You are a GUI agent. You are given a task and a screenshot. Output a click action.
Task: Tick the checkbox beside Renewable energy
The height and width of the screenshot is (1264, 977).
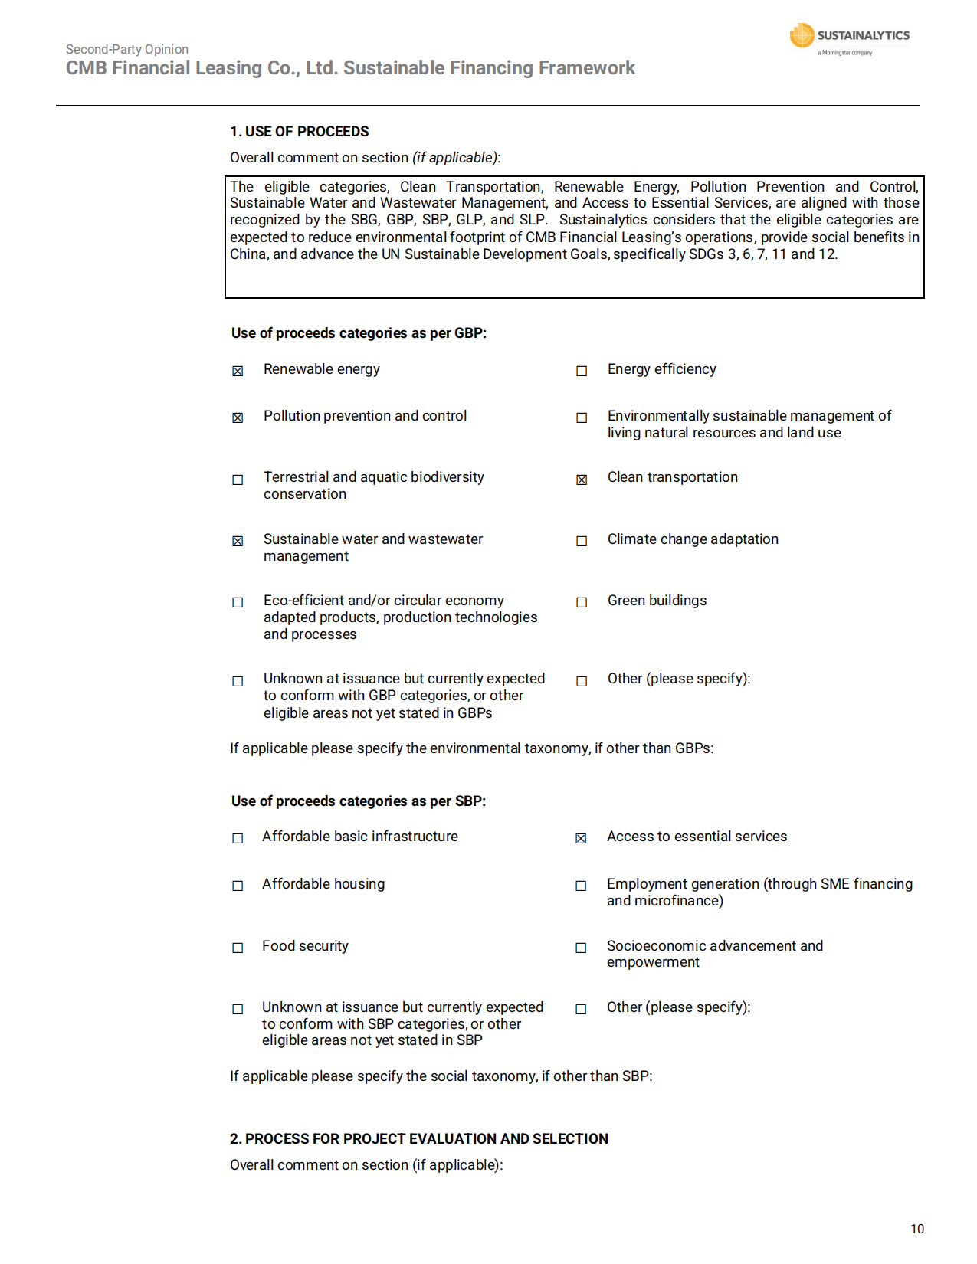point(238,372)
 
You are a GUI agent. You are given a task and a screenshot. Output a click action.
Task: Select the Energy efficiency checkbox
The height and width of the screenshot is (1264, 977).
point(582,372)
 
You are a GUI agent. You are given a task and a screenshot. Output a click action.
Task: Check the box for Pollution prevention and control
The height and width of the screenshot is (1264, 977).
point(238,418)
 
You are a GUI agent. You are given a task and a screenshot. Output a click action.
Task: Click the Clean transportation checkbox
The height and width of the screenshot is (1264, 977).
point(582,480)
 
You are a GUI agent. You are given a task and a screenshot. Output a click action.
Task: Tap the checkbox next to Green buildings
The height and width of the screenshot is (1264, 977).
point(582,603)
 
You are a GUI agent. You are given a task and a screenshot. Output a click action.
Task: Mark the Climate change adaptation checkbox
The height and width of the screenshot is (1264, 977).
point(582,542)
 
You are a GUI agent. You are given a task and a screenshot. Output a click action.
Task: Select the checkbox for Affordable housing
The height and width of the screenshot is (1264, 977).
point(238,886)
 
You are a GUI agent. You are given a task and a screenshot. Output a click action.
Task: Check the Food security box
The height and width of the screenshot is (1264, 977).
point(238,948)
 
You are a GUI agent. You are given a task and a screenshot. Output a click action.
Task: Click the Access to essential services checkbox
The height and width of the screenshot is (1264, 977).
point(581,839)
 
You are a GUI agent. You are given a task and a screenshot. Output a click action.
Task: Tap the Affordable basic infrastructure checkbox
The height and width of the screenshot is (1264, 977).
point(238,839)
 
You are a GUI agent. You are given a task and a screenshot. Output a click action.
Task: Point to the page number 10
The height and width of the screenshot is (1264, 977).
point(917,1230)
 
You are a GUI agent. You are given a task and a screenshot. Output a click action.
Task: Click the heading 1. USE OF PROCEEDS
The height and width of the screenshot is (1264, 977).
point(300,132)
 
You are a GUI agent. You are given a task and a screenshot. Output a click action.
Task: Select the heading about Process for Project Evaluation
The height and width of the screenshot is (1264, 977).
point(419,1139)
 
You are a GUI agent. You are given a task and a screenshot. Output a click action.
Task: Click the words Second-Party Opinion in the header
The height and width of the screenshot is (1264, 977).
point(127,50)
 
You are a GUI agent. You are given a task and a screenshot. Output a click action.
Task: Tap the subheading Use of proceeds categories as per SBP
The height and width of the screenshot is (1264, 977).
point(359,801)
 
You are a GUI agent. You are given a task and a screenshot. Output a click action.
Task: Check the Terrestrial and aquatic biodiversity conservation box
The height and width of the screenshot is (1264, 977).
point(238,480)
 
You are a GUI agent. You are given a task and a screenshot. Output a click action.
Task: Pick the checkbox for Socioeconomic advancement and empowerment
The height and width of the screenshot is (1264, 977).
point(581,948)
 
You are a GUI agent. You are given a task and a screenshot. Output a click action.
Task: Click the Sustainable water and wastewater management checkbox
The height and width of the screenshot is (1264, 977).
point(238,542)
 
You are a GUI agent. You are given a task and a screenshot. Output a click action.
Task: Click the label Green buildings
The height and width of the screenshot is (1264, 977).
point(657,601)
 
